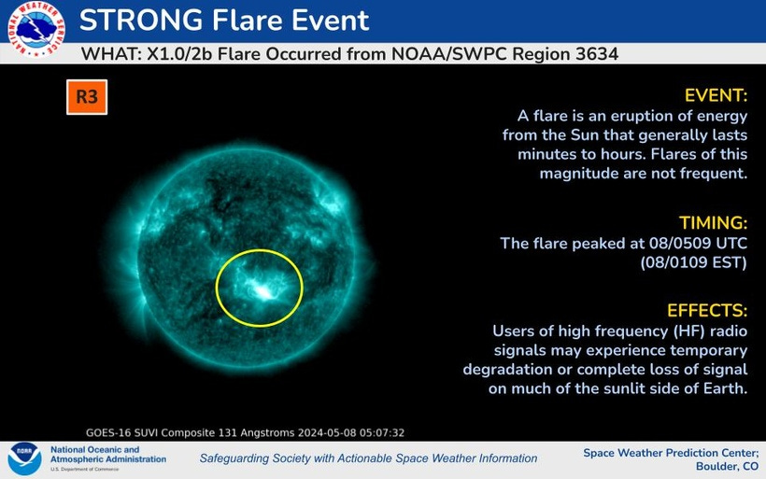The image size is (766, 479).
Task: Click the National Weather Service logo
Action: [x=36, y=30]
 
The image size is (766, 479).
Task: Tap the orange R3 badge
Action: [x=87, y=97]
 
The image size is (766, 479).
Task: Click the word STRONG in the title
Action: [x=141, y=21]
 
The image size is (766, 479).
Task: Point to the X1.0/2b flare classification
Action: [x=179, y=54]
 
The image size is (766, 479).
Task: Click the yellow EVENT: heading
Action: [x=716, y=95]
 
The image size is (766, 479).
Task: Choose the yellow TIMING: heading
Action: [x=714, y=222]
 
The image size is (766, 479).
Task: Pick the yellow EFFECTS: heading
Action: [x=707, y=311]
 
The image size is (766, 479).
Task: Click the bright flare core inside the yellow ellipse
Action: [x=262, y=291]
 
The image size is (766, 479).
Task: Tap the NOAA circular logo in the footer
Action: [x=24, y=459]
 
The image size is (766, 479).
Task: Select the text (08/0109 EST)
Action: [x=694, y=262]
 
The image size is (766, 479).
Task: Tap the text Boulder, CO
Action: [x=727, y=466]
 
